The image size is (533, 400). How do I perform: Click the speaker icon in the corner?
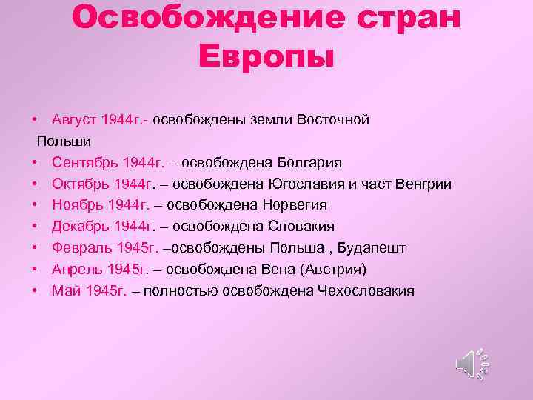coord(471,363)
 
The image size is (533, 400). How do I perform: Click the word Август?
coord(75,119)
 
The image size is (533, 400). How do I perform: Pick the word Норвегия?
coord(295,205)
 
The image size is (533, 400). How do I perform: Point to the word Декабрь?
coord(77,227)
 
